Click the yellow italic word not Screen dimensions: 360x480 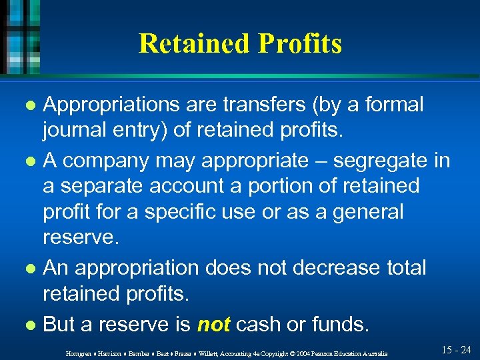point(213,325)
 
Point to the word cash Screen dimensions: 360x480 point(261,325)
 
